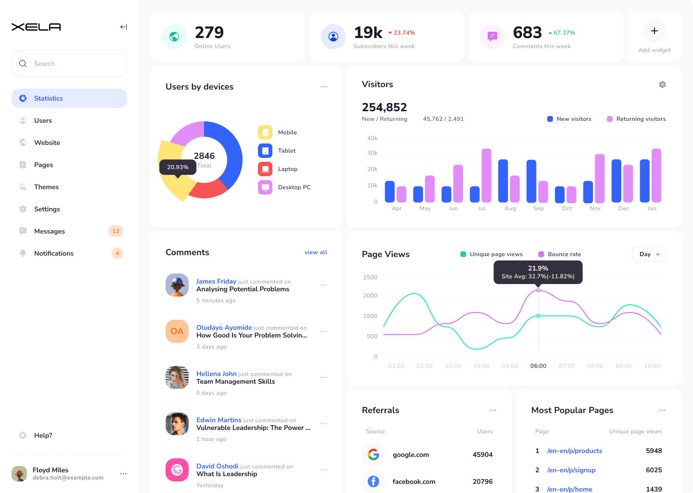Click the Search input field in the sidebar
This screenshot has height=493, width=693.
[x=69, y=64]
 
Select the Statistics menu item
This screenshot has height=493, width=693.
[x=69, y=98]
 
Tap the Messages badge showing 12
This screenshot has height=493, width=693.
[x=115, y=231]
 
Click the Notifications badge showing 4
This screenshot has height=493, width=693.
[x=117, y=253]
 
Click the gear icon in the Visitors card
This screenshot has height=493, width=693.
[x=662, y=85]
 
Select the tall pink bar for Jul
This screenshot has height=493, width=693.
[x=487, y=176]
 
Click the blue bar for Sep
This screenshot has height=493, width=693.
[x=531, y=181]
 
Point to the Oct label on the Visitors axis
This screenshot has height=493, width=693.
[x=567, y=208]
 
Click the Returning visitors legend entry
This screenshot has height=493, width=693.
[x=636, y=119]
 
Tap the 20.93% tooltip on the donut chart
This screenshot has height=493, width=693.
[x=178, y=167]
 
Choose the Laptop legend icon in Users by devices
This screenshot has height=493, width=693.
[x=265, y=169]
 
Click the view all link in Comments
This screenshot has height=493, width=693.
[x=316, y=252]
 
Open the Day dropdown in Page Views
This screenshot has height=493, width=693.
[x=649, y=254]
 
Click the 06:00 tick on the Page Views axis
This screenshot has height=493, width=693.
[x=538, y=366]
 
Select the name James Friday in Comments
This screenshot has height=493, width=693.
[x=216, y=281]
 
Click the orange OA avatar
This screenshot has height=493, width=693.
[x=177, y=331]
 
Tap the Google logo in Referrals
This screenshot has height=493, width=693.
[x=373, y=454]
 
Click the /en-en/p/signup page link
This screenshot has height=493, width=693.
[x=571, y=470]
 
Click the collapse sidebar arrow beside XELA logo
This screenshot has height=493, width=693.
[x=124, y=27]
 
